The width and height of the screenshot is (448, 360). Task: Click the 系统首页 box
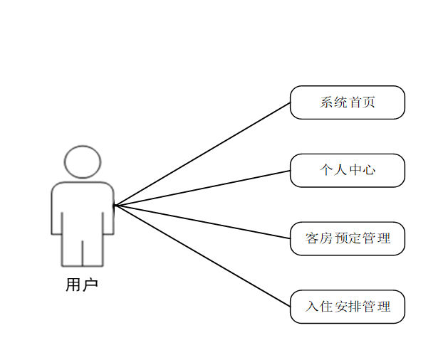point(347,102)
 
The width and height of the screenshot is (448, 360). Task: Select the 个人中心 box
point(347,171)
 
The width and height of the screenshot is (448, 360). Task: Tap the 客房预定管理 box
point(347,238)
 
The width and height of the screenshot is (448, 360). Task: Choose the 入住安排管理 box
point(347,307)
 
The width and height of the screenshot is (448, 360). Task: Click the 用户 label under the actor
point(82,285)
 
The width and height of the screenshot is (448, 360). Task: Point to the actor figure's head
point(83,162)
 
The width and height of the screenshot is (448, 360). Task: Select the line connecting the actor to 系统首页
point(203,154)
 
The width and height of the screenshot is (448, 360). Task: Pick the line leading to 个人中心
point(203,188)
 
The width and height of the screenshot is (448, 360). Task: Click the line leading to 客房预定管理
point(203,222)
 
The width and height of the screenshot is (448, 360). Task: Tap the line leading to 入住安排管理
point(203,256)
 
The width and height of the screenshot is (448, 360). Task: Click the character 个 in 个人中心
point(326,171)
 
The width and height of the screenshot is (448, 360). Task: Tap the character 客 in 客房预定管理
point(312,238)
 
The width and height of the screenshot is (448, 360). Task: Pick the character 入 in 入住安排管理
point(312,307)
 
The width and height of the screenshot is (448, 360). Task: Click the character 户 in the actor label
point(90,285)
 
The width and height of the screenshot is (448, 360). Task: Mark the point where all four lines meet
point(115,206)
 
